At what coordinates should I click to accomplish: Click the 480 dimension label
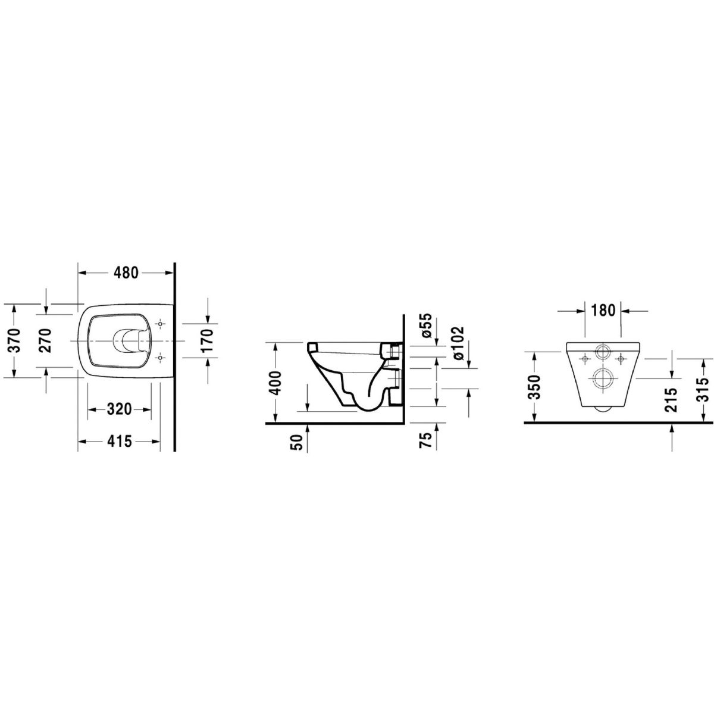(126, 273)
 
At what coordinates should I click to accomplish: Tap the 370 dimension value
(14, 340)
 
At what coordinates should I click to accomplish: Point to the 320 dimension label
(120, 409)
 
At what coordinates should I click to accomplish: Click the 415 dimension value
(120, 441)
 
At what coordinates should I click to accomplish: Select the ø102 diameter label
(459, 342)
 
